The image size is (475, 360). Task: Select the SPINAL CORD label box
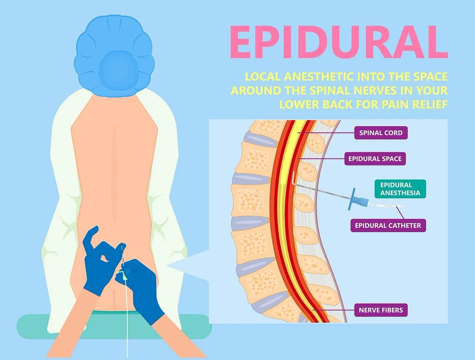tap(380, 133)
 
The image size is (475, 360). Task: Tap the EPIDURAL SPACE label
tap(374, 159)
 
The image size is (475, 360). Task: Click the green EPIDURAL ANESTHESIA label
tap(399, 189)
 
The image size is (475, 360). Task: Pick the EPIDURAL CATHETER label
tap(388, 225)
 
